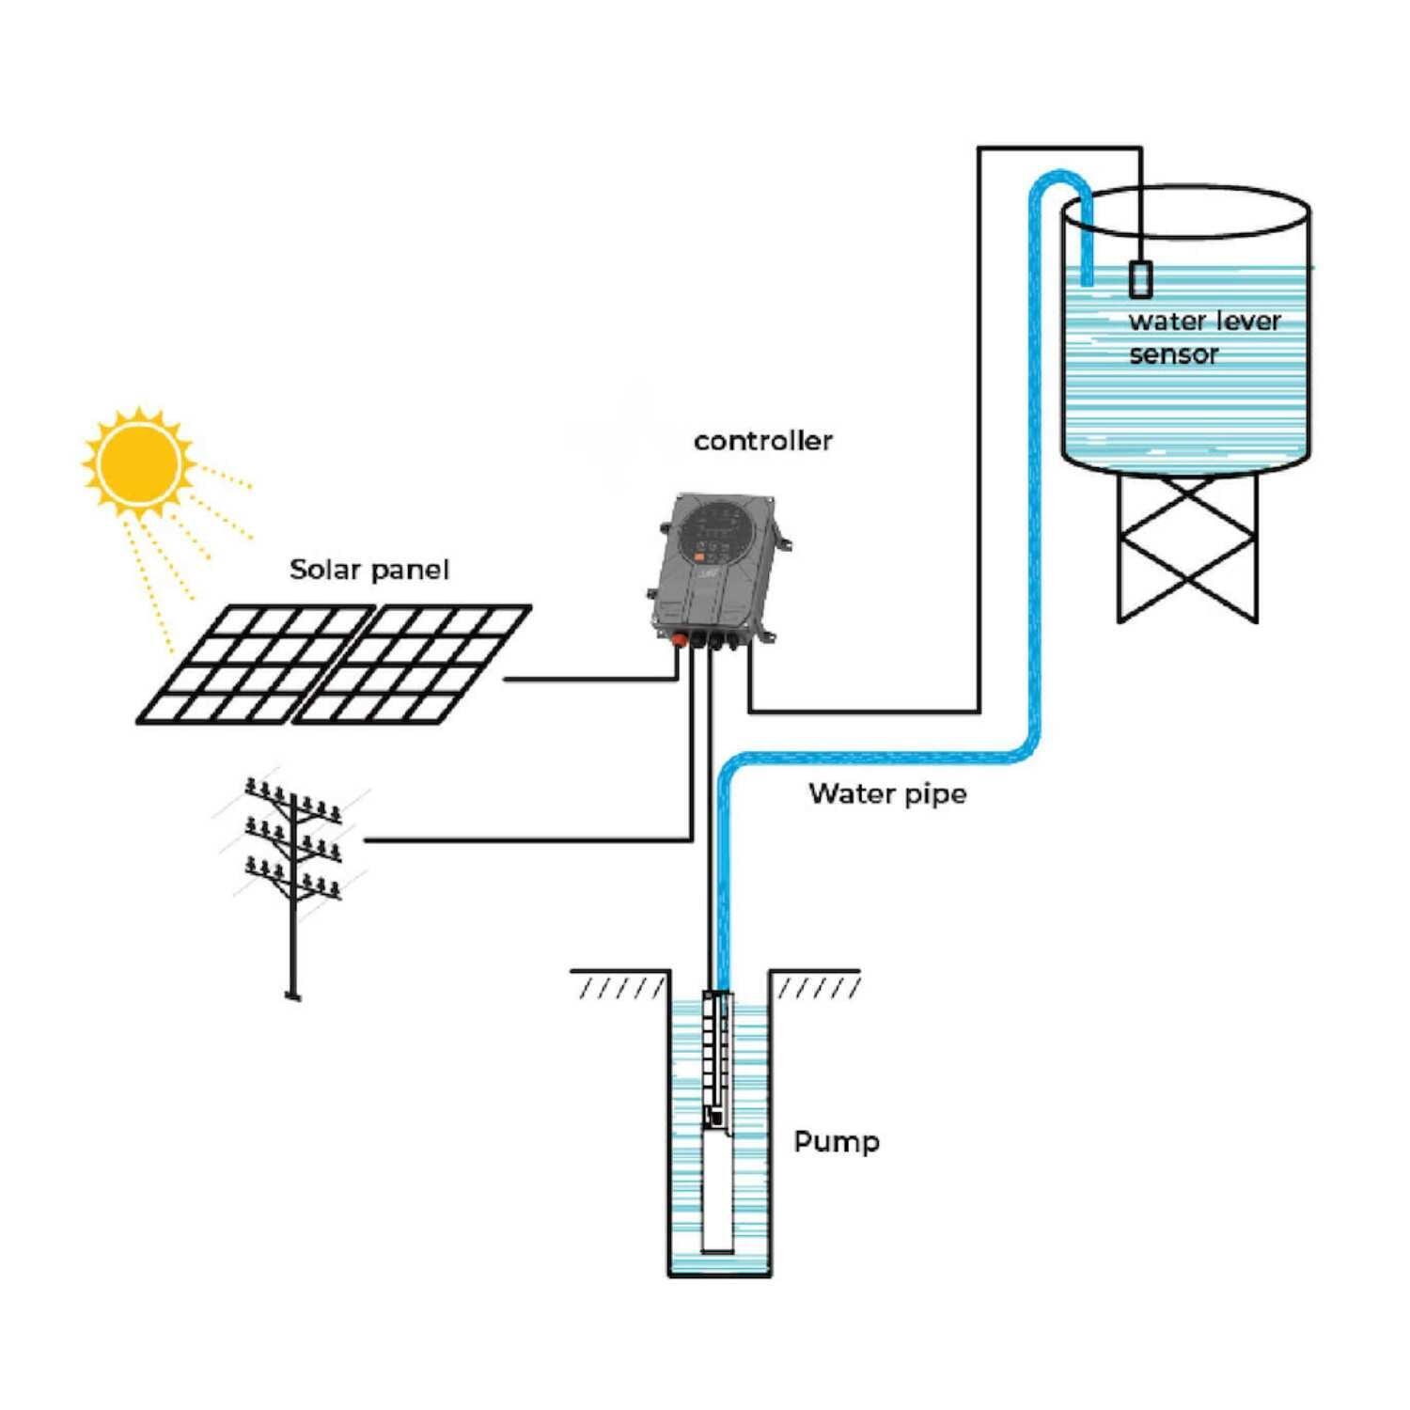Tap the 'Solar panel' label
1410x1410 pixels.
[368, 570]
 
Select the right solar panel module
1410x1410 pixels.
[414, 665]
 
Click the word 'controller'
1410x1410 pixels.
[762, 441]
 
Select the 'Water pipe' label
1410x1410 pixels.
[886, 794]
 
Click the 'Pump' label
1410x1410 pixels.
[836, 1142]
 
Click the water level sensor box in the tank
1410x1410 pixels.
[1140, 279]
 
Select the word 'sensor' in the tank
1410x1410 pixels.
[1173, 355]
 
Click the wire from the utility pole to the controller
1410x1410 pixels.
[526, 839]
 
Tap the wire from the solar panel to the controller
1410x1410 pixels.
[592, 678]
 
